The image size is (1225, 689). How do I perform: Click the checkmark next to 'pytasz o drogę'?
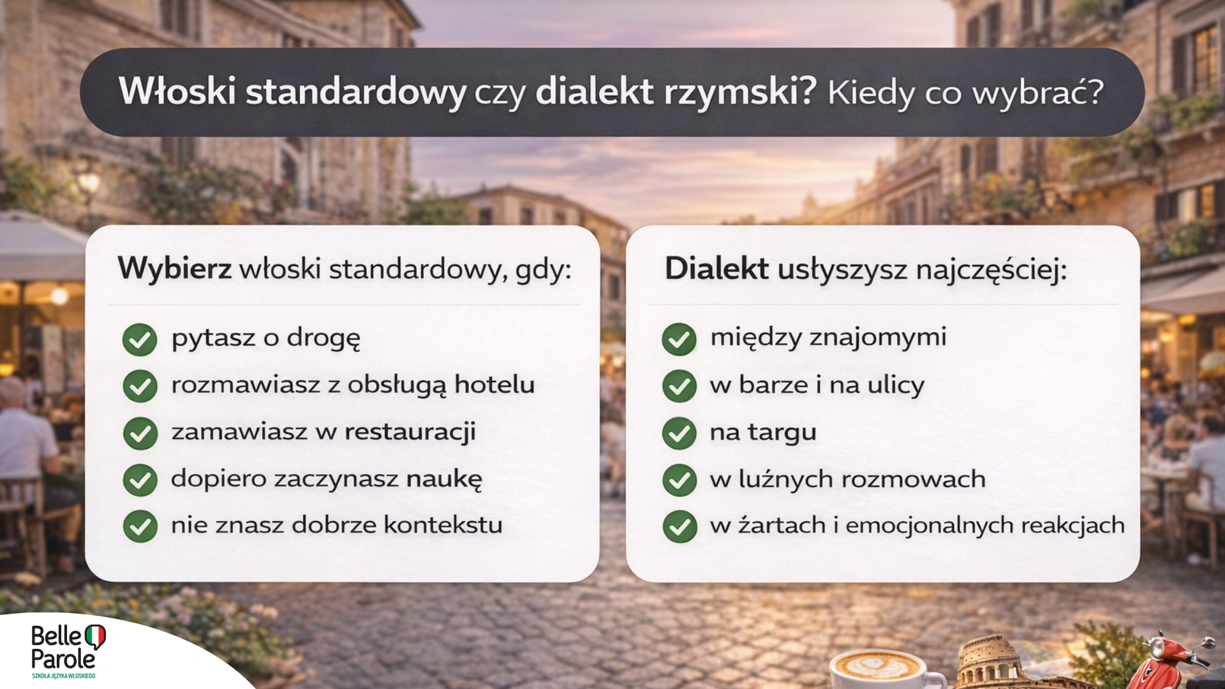(x=140, y=339)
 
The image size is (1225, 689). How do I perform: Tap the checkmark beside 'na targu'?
(x=679, y=433)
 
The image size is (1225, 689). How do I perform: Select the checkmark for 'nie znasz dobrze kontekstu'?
(x=140, y=526)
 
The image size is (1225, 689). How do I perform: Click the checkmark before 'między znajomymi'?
(x=679, y=339)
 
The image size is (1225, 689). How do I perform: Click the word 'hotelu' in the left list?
(x=494, y=385)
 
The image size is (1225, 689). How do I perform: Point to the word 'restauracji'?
(x=410, y=432)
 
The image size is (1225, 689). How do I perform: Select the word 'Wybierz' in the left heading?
(x=174, y=269)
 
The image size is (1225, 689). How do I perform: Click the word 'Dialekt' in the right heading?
(x=716, y=269)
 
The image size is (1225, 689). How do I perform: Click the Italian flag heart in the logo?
(x=95, y=636)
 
